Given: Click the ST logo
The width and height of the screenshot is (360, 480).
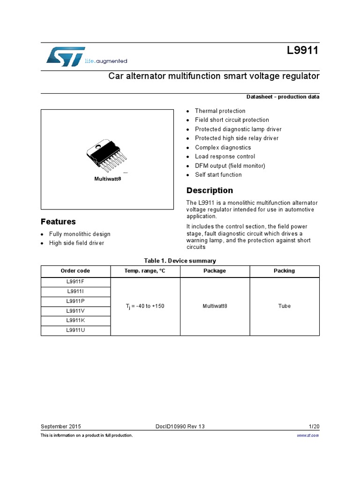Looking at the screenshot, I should pos(66,56).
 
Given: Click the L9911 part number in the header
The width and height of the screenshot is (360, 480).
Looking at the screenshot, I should pos(303,51).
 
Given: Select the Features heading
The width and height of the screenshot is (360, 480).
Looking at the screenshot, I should pos(58,222).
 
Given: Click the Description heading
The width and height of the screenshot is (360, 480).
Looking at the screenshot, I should pos(210,190).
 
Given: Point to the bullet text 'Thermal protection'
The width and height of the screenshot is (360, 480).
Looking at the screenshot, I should pos(220,111).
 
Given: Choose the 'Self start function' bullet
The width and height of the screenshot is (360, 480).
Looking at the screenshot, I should pos(218,175).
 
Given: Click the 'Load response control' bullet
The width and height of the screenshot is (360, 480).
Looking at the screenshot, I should pos(225,157).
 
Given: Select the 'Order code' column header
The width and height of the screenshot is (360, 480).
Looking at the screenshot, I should pos(75,271).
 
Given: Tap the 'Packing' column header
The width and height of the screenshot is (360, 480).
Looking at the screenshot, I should pos(285,271).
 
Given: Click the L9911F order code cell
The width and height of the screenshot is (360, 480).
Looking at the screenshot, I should pos(75,282).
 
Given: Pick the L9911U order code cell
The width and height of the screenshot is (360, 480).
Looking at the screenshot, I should pos(75,330).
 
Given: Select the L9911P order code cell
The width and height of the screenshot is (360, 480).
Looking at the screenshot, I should pos(75,301).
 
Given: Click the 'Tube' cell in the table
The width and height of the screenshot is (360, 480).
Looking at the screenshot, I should pos(285,306).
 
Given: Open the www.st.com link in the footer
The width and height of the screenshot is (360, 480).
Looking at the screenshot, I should pos(308,435).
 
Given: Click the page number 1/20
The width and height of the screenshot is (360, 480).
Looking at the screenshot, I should pos(314,427).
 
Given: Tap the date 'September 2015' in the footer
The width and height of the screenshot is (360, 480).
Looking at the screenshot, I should pos(61,427).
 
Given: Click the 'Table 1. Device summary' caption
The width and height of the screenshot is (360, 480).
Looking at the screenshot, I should pos(180,261).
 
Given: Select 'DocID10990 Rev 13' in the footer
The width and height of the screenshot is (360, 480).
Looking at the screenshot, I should pos(180,427).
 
